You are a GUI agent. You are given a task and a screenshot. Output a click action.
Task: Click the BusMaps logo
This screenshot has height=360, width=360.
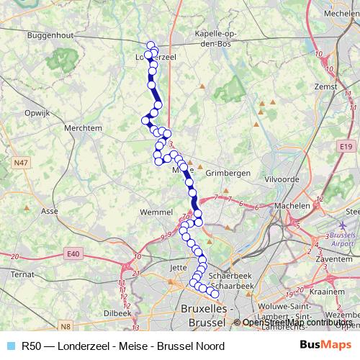pyautogui.click(x=325, y=346)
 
